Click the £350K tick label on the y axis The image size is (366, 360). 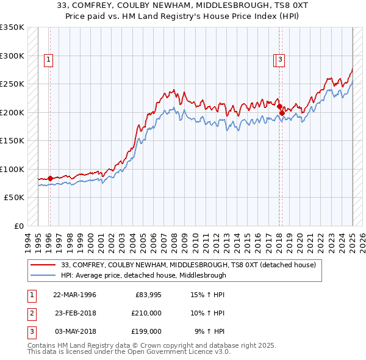[12, 27]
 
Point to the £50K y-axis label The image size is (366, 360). [14, 198]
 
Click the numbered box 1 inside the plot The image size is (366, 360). [48, 59]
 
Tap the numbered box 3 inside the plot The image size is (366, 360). [279, 59]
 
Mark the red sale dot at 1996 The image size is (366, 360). [50, 178]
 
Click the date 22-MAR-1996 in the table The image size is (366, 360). [74, 295]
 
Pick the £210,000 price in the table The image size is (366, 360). [147, 313]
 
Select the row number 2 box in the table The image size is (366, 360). [31, 313]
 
